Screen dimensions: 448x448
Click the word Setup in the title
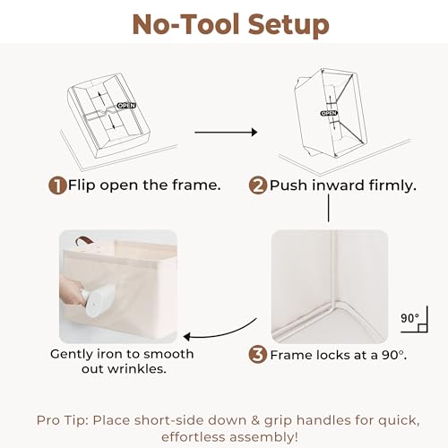point(289,25)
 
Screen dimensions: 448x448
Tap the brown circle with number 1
point(57,185)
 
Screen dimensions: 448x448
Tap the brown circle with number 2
point(258,185)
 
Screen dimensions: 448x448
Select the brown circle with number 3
point(258,355)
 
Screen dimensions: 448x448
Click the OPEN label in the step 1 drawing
point(126,106)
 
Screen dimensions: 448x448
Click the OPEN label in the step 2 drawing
point(329,113)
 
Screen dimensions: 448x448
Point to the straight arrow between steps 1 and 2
point(226,132)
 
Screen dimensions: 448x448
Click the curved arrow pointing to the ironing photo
point(220,332)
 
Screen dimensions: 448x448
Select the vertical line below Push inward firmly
point(329,208)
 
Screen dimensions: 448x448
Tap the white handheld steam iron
point(98,300)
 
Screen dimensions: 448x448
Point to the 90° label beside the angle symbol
point(409,318)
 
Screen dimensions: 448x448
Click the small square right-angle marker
point(422,328)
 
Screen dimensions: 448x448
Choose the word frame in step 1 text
point(196,185)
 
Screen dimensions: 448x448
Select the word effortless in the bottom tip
point(194,436)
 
